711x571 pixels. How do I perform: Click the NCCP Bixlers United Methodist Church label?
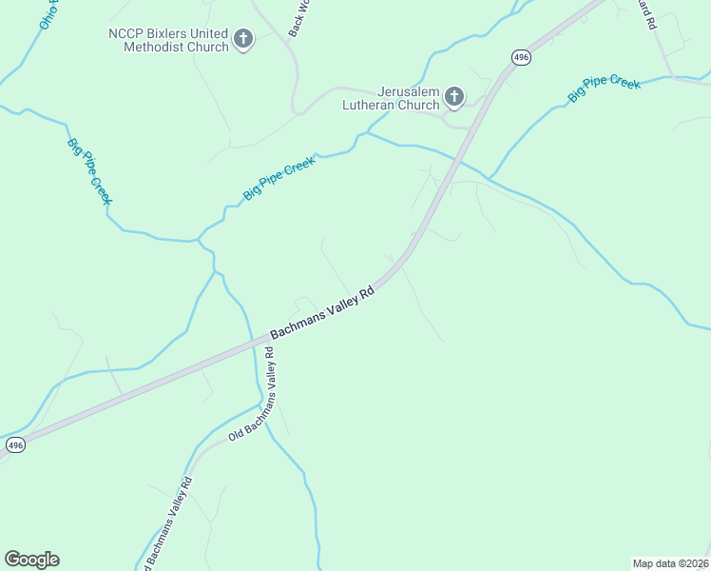click(169, 40)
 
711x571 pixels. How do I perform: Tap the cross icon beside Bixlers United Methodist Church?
click(243, 40)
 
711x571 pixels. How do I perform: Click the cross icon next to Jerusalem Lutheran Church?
click(454, 96)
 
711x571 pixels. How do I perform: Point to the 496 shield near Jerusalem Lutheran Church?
click(520, 58)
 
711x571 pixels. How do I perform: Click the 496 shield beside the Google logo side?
click(14, 444)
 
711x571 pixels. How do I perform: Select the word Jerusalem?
click(391, 91)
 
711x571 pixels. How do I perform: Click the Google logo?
click(31, 560)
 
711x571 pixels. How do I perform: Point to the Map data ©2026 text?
click(670, 562)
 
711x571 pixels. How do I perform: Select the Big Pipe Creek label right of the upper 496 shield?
click(604, 89)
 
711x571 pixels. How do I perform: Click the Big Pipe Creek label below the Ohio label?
click(89, 171)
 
